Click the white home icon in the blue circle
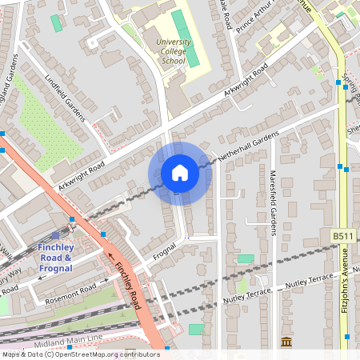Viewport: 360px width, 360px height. [180, 173]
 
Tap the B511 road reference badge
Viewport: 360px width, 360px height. [342, 236]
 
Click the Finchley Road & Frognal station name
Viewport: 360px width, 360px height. [56, 258]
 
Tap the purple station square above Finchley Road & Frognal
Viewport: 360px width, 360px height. [55, 235]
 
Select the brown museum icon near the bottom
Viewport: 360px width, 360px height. [286, 342]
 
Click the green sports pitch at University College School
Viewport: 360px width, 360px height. [182, 36]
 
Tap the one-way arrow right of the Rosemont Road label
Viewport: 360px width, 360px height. [107, 281]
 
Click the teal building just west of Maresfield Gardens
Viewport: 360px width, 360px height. [246, 259]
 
